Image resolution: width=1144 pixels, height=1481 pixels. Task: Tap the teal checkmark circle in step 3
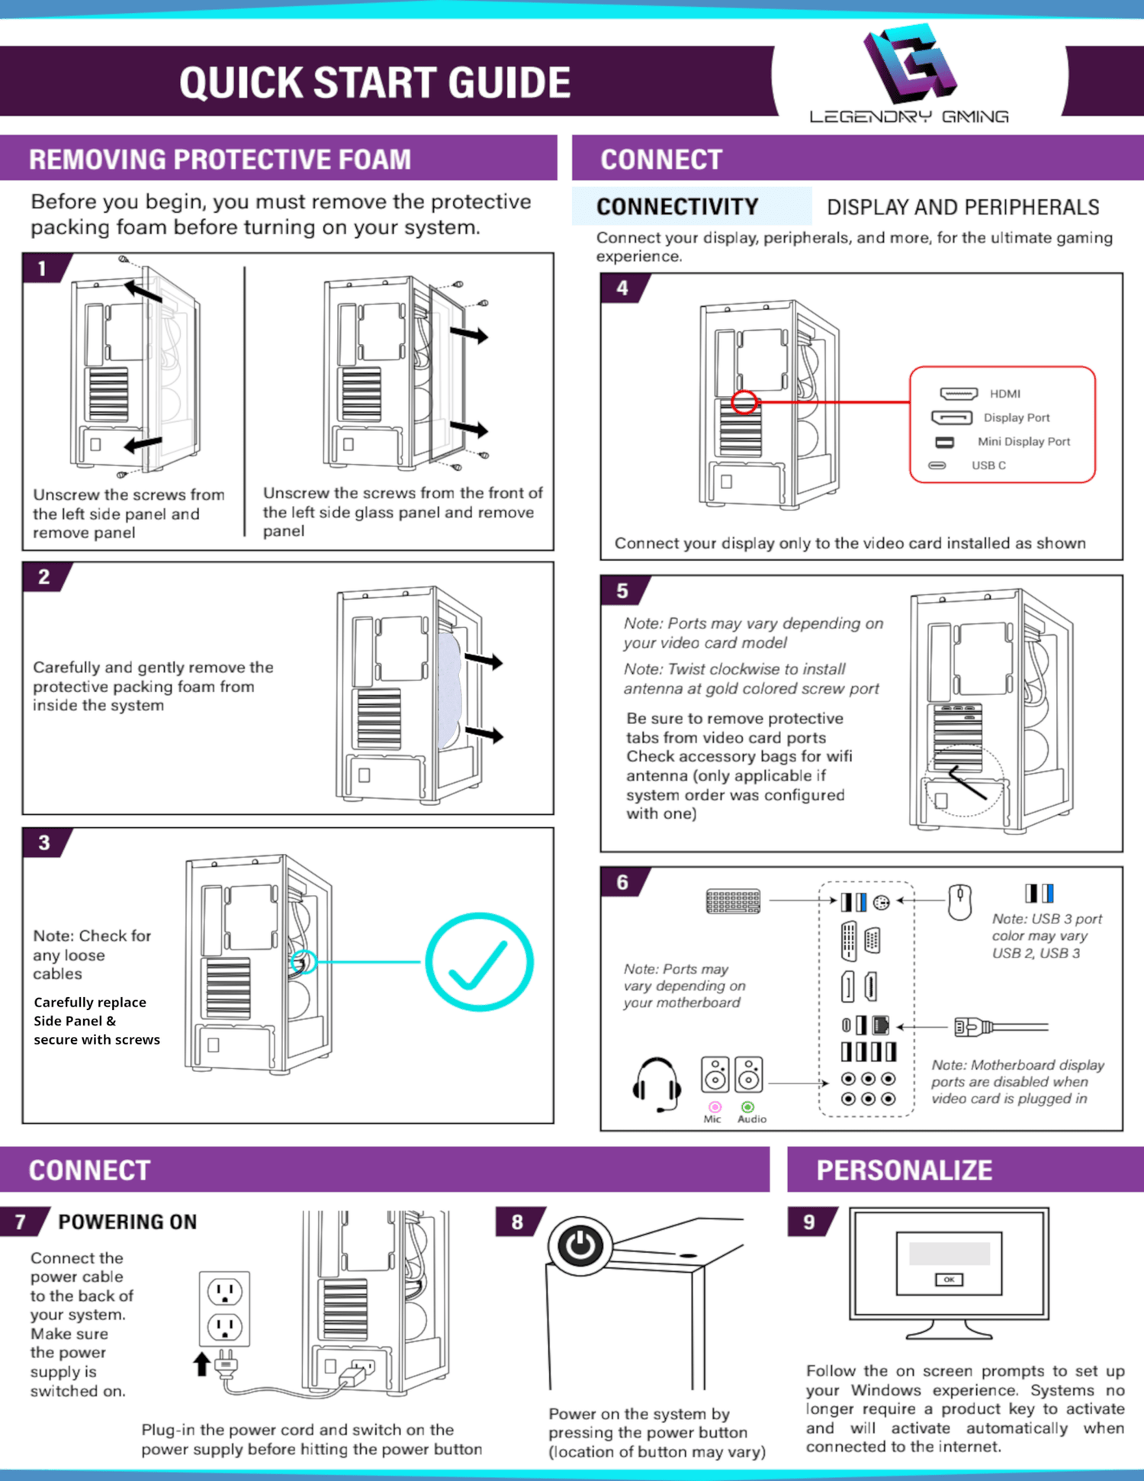479,961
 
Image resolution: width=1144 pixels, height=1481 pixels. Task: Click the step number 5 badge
622,591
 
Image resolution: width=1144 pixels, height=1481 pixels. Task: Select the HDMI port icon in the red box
959,394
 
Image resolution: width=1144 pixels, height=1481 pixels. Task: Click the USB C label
988,465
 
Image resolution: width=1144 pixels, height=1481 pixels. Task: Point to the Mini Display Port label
1023,442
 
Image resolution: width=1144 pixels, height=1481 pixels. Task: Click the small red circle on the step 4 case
744,402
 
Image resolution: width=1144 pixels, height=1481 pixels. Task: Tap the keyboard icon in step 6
733,901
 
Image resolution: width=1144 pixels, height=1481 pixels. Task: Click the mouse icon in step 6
959,903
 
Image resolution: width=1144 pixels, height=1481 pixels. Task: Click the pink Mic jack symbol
715,1106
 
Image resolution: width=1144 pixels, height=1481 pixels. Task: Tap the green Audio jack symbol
747,1106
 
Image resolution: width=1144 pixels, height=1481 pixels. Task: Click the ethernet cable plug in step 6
972,1027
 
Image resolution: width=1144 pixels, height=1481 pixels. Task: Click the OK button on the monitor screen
949,1280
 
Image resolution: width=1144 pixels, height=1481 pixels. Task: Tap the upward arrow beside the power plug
201,1363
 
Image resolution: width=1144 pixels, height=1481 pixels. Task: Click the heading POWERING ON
127,1222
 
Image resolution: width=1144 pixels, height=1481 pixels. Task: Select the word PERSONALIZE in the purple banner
905,1170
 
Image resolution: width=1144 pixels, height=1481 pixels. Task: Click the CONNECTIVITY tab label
677,207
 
